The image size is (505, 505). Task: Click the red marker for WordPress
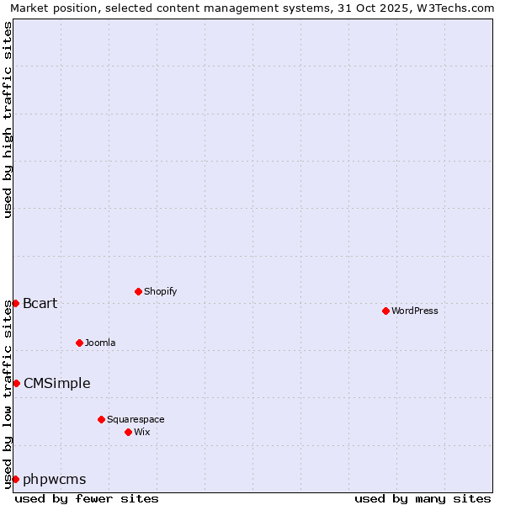pos(385,311)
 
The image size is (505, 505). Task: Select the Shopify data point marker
pos(138,291)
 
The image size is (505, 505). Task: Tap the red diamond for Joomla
pos(79,343)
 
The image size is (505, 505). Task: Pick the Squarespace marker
pos(101,419)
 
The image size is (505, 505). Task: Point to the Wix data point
pos(128,432)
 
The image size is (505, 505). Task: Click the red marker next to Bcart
pos(15,303)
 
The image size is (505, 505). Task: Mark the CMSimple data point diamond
pos(16,383)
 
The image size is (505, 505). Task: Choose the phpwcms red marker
pos(15,479)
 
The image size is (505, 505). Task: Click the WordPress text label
pos(415,311)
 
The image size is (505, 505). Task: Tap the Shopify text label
pos(160,291)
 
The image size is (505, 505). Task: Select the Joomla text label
pos(100,343)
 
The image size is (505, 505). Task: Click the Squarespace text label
pos(136,419)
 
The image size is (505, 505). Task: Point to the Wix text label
pos(141,432)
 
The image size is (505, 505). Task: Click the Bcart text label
pos(40,303)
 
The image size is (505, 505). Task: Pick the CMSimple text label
pos(57,383)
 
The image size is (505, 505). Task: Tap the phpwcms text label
pos(55,479)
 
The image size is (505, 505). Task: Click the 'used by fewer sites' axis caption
pos(87,498)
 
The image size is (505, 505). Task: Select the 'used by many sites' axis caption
pos(423,498)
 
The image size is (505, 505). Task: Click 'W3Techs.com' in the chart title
pos(455,8)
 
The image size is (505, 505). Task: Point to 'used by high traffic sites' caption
pos(8,120)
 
